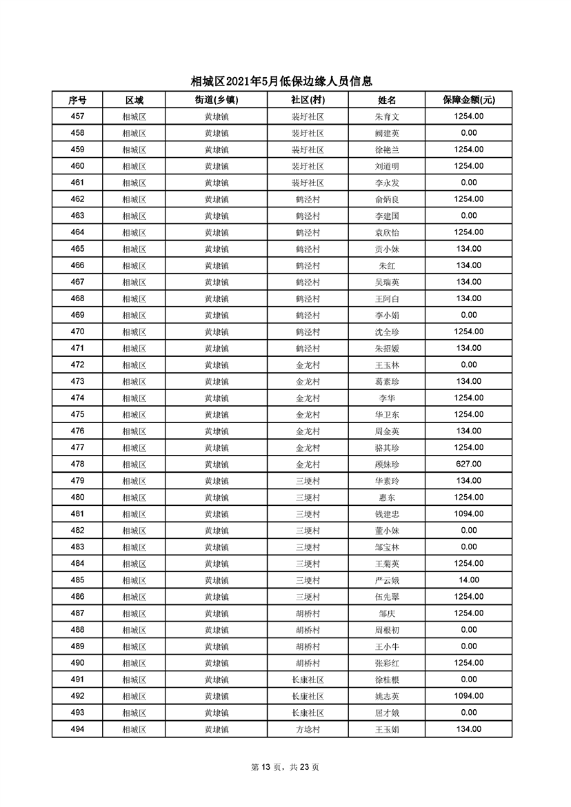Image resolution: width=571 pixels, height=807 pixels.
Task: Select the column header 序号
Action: (x=77, y=100)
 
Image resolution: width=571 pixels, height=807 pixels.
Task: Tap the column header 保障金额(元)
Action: (x=468, y=100)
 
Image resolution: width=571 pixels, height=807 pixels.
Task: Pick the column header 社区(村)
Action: (x=308, y=100)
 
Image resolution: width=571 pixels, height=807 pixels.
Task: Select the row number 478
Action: (x=77, y=464)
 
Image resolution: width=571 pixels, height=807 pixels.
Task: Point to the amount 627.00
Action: (x=468, y=464)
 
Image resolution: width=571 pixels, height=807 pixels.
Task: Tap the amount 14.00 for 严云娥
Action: (x=468, y=580)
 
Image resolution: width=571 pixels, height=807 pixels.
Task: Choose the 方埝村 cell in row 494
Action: (x=308, y=730)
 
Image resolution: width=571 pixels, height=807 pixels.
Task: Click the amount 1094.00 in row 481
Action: (x=468, y=514)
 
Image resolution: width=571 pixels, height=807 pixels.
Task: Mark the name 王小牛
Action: (x=387, y=646)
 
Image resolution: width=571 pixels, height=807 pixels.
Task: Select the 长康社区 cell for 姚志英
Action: (x=308, y=696)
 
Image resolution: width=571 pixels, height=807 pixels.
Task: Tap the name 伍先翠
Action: (x=387, y=597)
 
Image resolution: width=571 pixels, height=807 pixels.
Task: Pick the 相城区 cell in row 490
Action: (x=134, y=663)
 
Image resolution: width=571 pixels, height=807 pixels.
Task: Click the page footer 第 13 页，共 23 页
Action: (x=285, y=767)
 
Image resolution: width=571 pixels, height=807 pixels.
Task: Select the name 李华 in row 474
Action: (x=387, y=398)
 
